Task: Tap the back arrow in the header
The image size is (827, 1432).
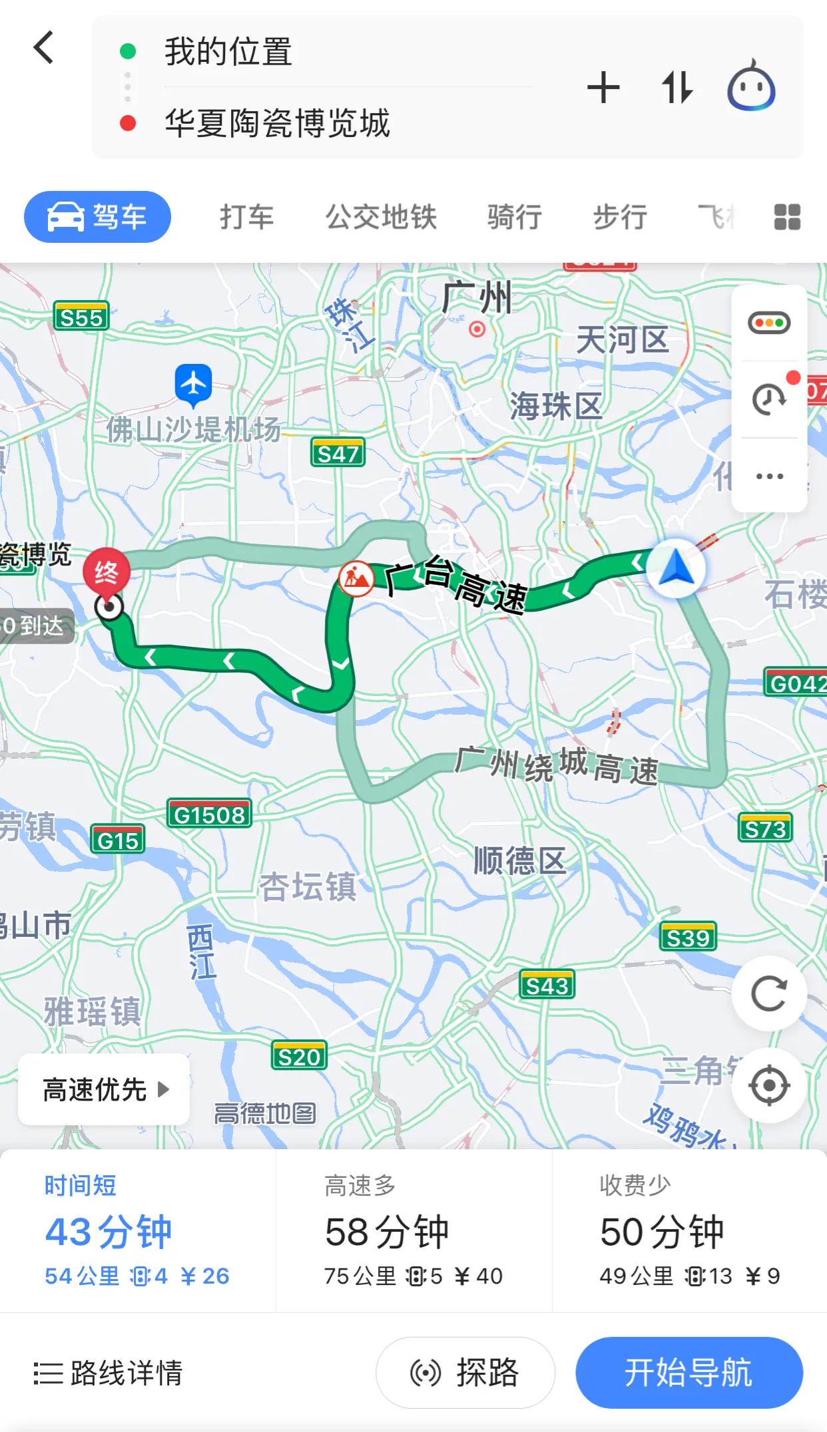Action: (x=44, y=48)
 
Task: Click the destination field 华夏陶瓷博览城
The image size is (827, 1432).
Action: (x=277, y=124)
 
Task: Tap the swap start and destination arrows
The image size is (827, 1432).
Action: (x=677, y=88)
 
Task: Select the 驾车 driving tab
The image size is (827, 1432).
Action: (x=97, y=217)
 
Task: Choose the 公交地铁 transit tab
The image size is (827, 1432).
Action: (x=381, y=217)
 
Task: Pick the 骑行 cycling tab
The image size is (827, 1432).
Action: (x=514, y=217)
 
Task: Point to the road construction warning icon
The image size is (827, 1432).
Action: (x=356, y=578)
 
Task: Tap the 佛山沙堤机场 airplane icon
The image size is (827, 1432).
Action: (x=193, y=384)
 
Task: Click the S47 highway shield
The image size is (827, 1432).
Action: (x=338, y=454)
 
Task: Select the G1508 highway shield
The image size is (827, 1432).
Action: (x=209, y=814)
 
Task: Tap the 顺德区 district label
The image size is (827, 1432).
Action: (x=519, y=860)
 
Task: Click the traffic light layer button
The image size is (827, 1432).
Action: (x=769, y=323)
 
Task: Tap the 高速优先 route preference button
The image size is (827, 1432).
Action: (x=104, y=1089)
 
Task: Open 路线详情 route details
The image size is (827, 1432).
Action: (x=109, y=1373)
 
